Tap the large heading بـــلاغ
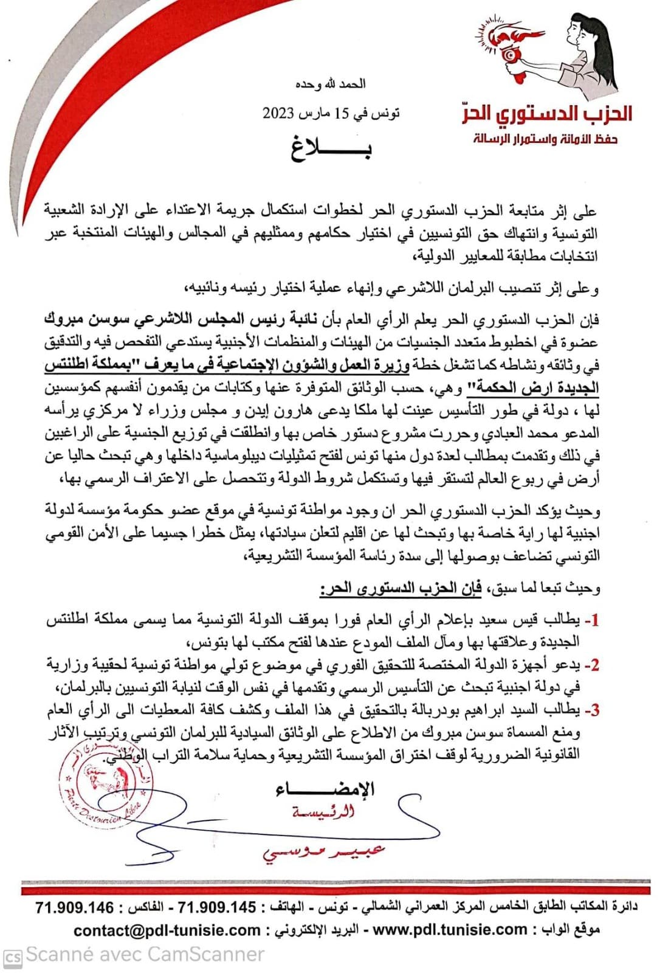[331, 148]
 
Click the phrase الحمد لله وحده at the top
[331, 84]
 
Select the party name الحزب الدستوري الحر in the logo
[547, 114]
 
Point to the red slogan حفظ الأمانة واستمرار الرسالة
[546, 139]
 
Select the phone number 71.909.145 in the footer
[217, 907]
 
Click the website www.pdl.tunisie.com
[449, 929]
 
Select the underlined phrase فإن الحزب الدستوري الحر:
[401, 588]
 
